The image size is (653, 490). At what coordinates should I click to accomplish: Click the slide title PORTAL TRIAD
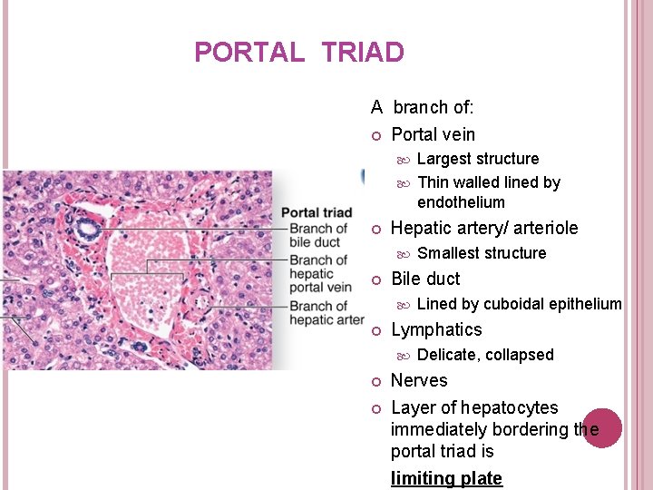[x=298, y=53]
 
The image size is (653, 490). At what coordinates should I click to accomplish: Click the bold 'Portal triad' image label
[x=317, y=213]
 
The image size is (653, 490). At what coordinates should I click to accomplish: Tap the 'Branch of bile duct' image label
[x=318, y=235]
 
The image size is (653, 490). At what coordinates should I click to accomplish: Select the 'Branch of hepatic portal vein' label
[x=320, y=274]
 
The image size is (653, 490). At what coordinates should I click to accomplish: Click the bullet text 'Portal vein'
[x=433, y=134]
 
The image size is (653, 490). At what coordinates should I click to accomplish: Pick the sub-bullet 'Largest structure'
[x=477, y=159]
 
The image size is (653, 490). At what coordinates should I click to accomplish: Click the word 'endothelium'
[x=461, y=202]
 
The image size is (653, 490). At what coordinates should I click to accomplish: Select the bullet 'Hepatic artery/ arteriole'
[x=483, y=228]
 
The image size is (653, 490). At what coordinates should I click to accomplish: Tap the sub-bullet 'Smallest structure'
[x=481, y=253]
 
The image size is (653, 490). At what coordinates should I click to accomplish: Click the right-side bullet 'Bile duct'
[x=425, y=279]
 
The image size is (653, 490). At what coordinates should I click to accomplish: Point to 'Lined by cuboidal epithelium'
[x=519, y=304]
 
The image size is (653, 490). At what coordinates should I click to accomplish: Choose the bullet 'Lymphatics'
[x=435, y=329]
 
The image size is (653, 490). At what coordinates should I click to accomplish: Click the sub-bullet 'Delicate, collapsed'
[x=484, y=355]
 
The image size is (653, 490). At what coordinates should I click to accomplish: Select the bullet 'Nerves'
[x=419, y=380]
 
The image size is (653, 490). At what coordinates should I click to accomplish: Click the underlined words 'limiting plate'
[x=446, y=478]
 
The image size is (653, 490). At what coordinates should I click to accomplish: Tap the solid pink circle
[x=602, y=427]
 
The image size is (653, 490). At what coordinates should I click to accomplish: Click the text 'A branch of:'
[x=422, y=107]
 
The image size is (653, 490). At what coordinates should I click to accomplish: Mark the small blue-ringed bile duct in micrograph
[x=89, y=229]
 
